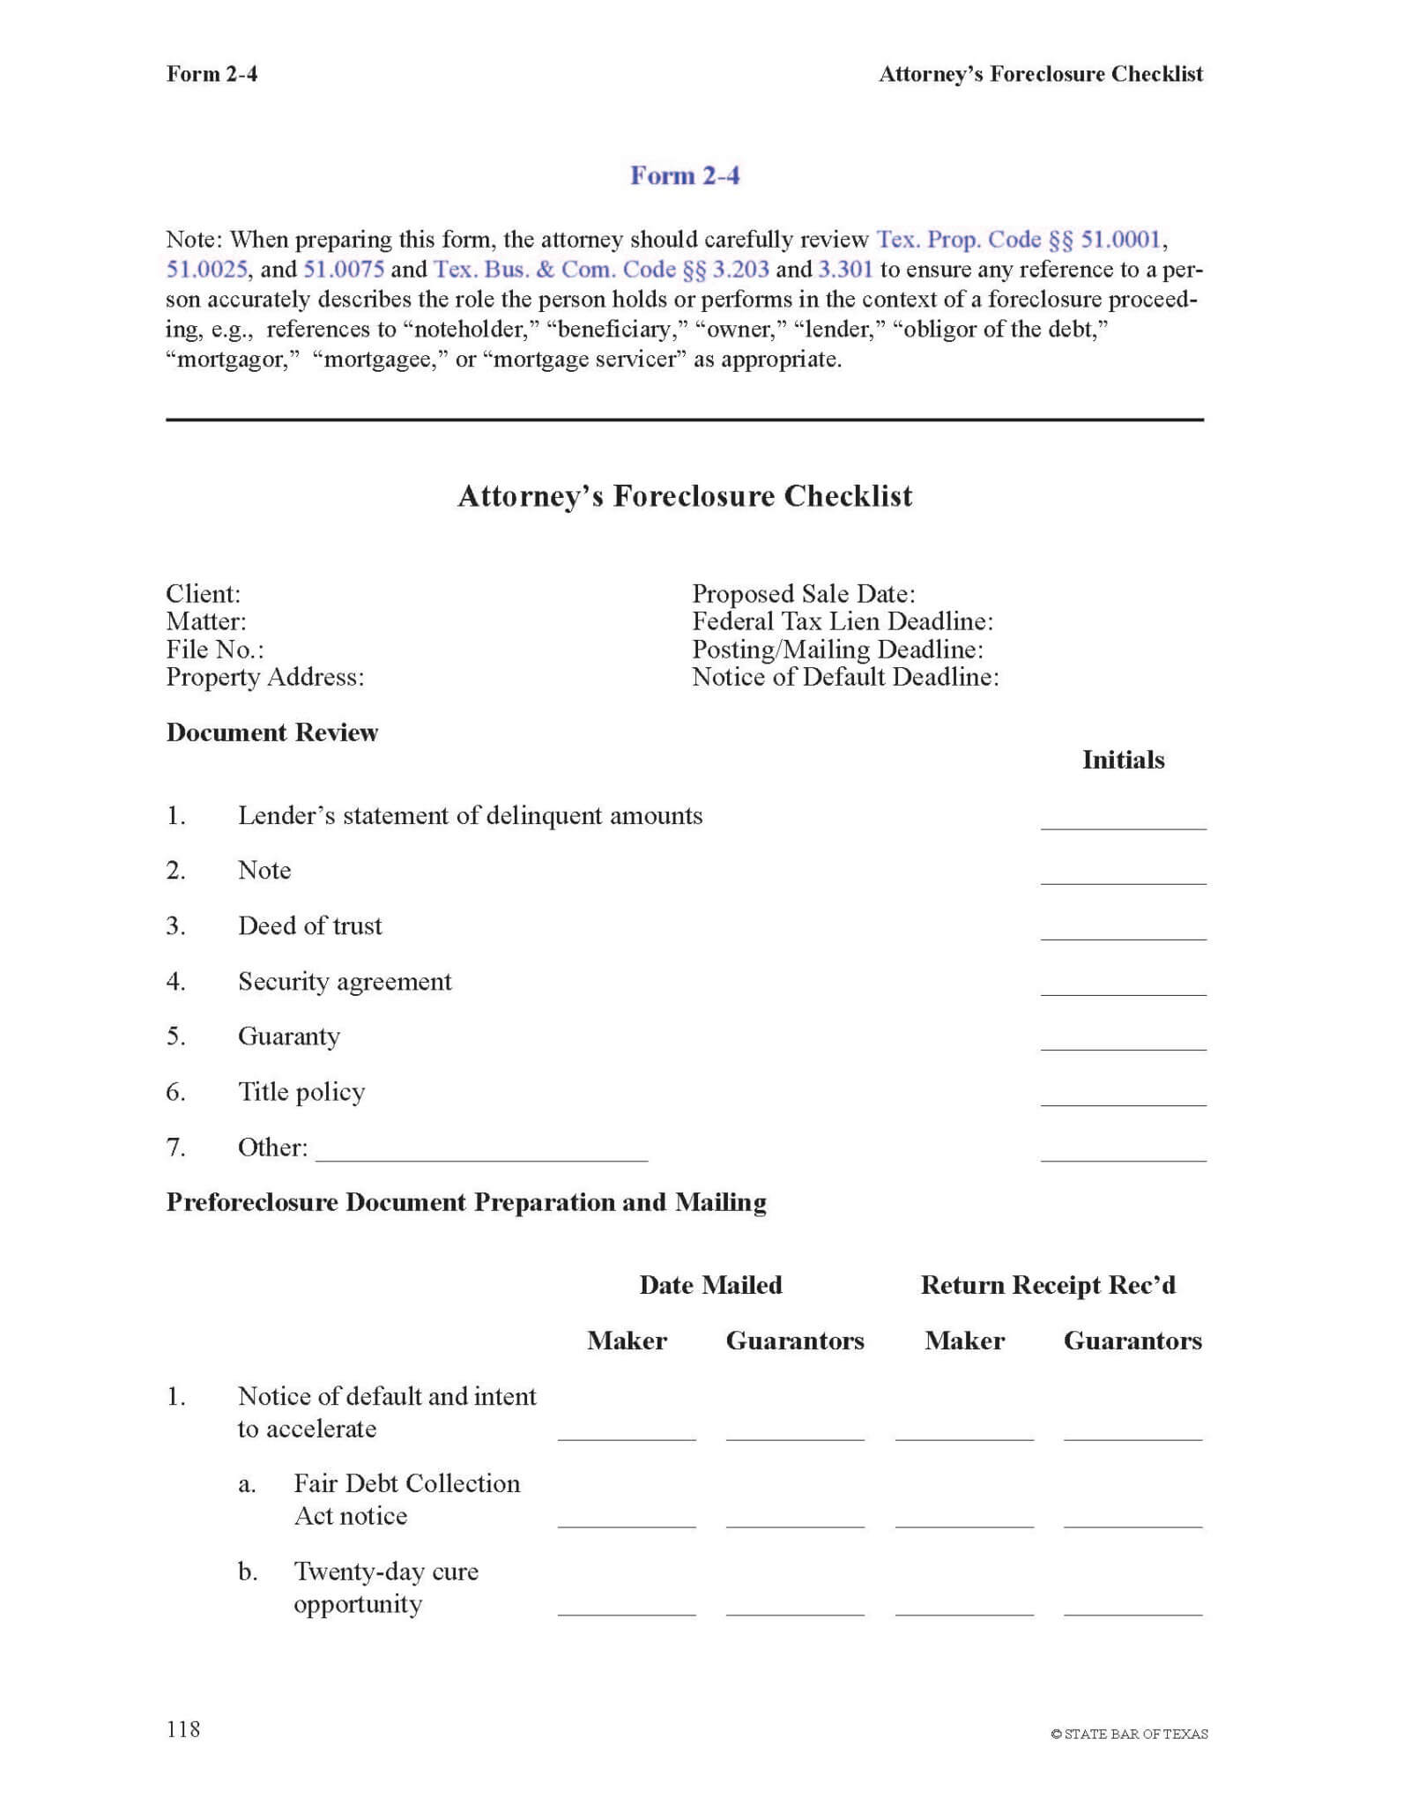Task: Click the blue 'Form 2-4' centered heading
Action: [684, 175]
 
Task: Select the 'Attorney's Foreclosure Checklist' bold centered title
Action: [685, 496]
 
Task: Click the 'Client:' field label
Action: [203, 593]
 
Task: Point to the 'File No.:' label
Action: [214, 650]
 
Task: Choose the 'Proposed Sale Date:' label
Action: [803, 593]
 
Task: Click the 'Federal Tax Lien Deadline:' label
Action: [842, 621]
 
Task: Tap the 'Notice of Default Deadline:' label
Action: [844, 677]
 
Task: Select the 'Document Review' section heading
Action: [271, 732]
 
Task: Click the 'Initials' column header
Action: [1123, 760]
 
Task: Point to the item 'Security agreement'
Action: [345, 981]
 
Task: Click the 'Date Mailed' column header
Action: [710, 1285]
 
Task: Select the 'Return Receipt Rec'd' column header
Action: [1048, 1285]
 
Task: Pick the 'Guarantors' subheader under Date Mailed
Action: [795, 1341]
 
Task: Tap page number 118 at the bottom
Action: [183, 1729]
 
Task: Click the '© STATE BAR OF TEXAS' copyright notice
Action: [1129, 1734]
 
